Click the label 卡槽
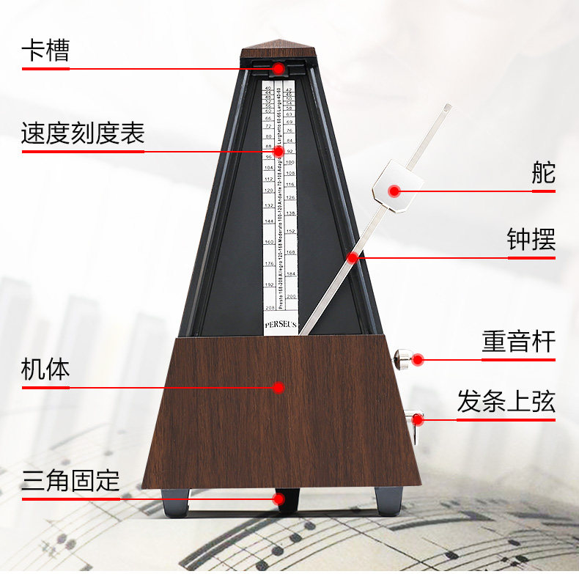coord(45,51)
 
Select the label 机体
coord(45,369)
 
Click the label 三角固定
coord(70,481)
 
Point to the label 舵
coord(543,173)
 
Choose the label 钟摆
coord(531,240)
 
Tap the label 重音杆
coord(518,342)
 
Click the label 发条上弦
coord(506,402)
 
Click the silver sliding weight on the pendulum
coord(395,189)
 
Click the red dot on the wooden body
coord(279,387)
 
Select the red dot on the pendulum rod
coord(353,257)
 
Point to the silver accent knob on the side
coord(401,359)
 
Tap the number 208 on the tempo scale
coord(270,308)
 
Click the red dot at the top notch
coord(279,68)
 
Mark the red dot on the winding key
coord(418,419)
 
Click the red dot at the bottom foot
coord(279,498)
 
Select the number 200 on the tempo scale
coord(290,297)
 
